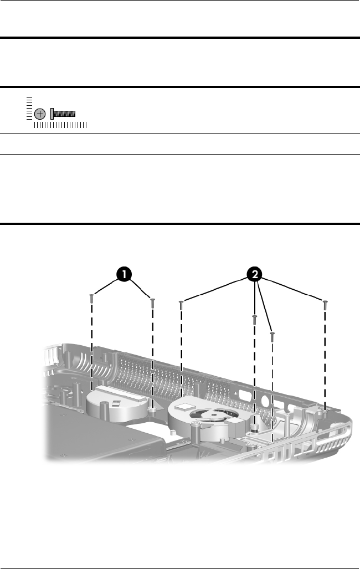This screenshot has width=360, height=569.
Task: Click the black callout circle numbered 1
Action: (124, 274)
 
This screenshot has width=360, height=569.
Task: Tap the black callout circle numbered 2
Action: (255, 274)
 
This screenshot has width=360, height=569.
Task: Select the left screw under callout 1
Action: (91, 299)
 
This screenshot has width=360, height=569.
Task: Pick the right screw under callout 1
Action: (152, 303)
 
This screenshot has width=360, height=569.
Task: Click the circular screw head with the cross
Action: (39, 114)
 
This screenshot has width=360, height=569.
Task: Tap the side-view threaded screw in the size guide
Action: (63, 114)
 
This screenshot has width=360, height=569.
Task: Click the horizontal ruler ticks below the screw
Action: (60, 126)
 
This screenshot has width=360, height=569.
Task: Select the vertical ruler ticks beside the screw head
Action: (29, 107)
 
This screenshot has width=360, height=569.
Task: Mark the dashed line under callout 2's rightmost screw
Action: (326, 360)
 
